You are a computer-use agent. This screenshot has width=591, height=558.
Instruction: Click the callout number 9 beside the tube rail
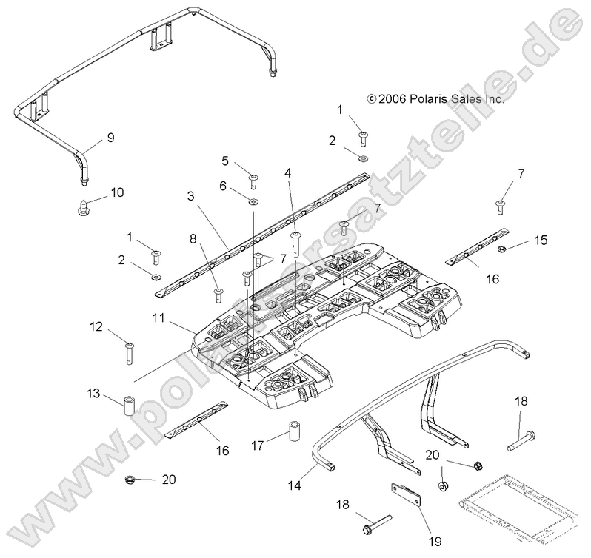[110, 136]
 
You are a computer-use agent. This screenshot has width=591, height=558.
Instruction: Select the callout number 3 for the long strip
[190, 196]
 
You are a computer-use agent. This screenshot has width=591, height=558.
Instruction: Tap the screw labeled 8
[218, 295]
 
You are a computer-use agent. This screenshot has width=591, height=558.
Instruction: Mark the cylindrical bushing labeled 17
[295, 430]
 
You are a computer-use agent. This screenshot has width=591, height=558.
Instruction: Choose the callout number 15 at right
[541, 241]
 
